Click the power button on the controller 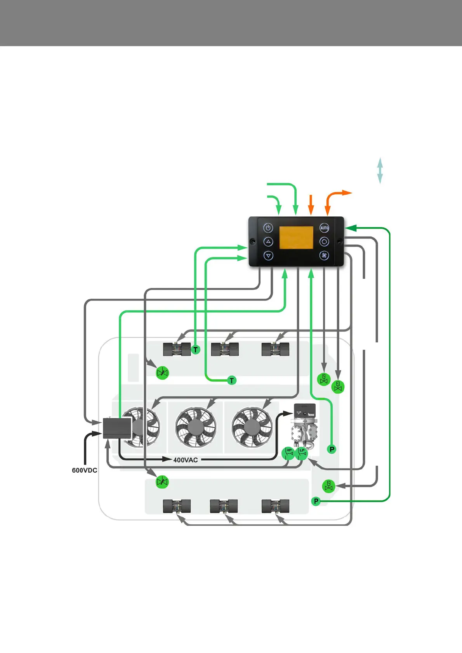[268, 228]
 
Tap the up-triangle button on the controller [268, 242]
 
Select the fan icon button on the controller [324, 256]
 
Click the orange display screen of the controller [296, 238]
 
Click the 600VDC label [85, 470]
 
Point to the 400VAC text [186, 460]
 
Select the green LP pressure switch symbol [302, 453]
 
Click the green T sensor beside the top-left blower [196, 349]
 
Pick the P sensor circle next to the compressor [332, 449]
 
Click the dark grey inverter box [117, 428]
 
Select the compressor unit [305, 427]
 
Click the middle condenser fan [196, 427]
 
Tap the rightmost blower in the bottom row [275, 506]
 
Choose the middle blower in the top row [224, 349]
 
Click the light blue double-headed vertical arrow [380, 171]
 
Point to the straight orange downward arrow [311, 204]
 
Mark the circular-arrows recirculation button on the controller [324, 242]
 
